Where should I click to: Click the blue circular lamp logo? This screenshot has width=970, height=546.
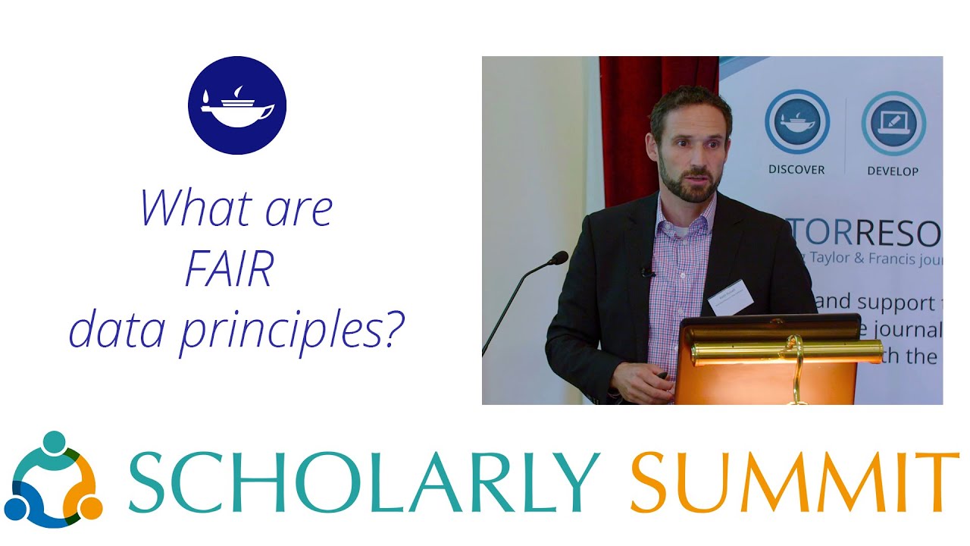[236, 105]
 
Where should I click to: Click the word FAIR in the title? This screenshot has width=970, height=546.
[229, 271]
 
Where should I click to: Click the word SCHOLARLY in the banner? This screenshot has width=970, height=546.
[365, 483]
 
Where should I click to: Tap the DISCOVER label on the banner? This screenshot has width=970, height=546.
[796, 170]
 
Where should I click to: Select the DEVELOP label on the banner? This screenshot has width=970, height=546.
[893, 171]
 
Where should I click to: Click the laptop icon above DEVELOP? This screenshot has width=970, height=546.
[893, 123]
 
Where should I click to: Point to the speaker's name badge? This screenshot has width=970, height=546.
[730, 297]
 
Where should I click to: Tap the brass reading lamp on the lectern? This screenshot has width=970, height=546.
[788, 353]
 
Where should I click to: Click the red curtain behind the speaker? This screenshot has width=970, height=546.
[629, 129]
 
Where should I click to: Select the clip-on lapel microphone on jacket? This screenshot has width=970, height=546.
[646, 271]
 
